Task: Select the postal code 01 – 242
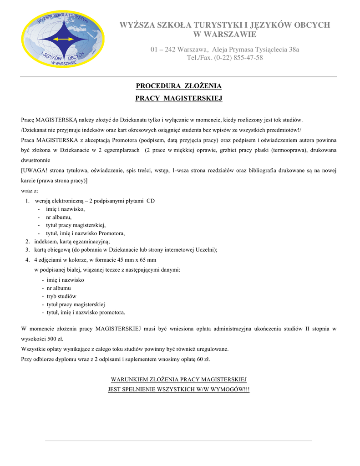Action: (x=163, y=49)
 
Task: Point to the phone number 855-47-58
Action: (x=248, y=58)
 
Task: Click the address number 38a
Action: (x=294, y=49)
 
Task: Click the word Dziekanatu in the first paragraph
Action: (x=133, y=120)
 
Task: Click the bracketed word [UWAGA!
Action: (x=35, y=170)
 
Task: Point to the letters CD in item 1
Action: (x=151, y=201)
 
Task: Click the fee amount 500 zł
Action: (x=55, y=339)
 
